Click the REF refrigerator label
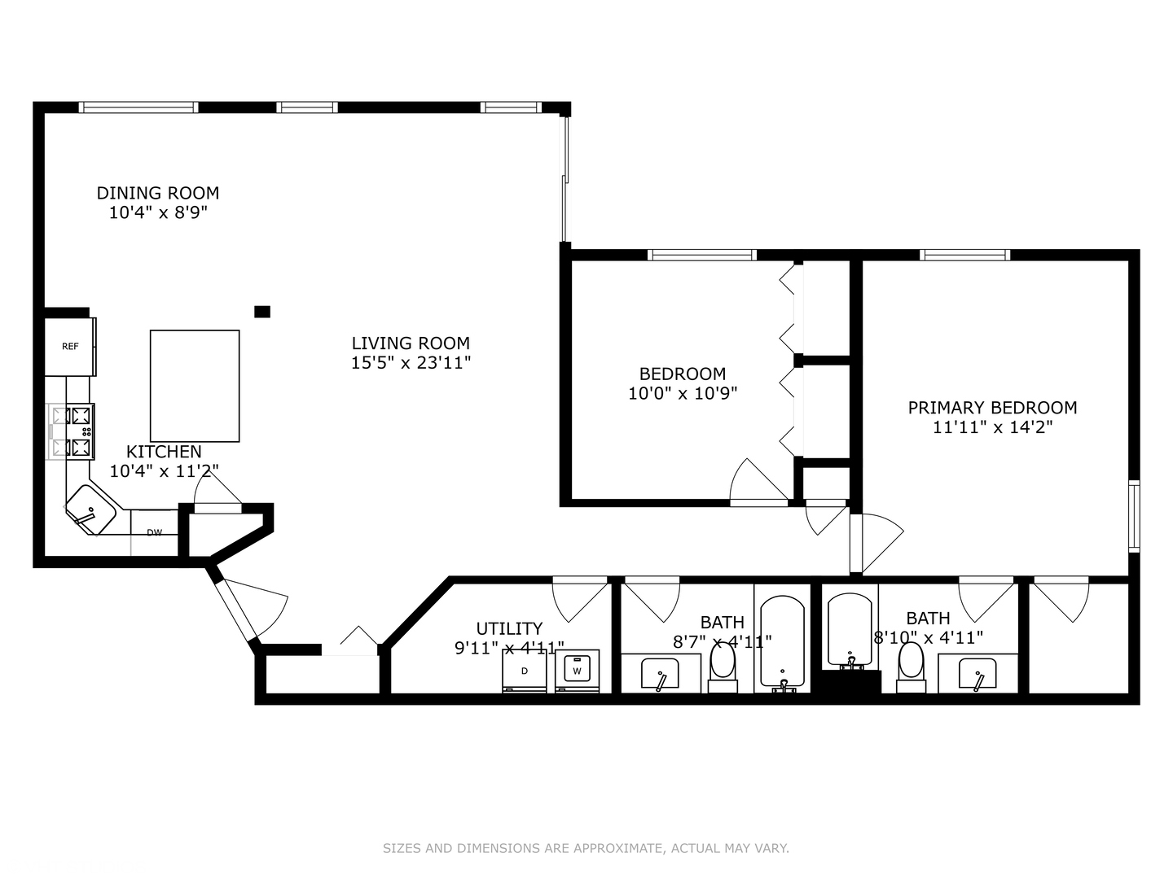point(70,347)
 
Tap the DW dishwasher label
point(155,532)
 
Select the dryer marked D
point(525,671)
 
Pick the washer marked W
point(578,671)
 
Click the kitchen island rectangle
point(195,386)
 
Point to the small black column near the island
point(261,312)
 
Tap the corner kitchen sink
point(91,509)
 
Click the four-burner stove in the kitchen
point(72,431)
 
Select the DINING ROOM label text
point(158,193)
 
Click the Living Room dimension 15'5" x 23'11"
point(411,363)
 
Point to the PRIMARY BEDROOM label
point(992,408)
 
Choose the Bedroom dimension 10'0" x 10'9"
point(683,393)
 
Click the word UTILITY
point(509,628)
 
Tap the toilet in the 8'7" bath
point(723,668)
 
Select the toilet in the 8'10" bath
point(912,667)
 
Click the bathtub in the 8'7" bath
point(782,643)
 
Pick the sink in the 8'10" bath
point(977,674)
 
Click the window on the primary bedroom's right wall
point(1134,516)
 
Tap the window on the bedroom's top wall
point(701,255)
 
